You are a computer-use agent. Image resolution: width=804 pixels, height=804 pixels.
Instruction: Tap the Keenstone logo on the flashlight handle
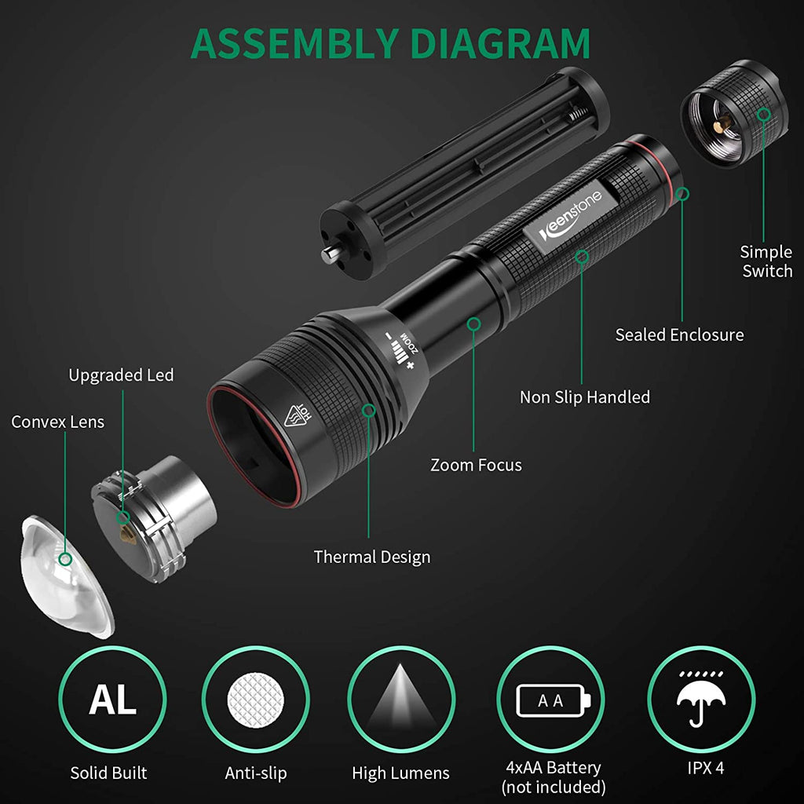pos(570,216)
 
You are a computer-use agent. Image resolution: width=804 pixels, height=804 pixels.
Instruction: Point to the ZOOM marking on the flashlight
pos(409,343)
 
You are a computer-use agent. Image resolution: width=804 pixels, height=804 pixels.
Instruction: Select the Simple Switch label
pos(766,261)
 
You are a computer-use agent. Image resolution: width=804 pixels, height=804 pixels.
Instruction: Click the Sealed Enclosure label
pos(679,334)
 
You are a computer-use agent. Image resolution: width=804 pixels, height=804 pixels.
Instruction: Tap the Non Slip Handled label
pos(584,397)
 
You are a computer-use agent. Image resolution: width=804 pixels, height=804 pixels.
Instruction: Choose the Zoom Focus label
pos(476,465)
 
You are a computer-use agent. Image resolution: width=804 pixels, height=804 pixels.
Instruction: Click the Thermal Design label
pos(371,557)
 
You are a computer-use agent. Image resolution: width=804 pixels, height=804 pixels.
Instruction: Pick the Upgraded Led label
pos(121,375)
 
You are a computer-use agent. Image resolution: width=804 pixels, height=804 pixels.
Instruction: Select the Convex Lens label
pos(57,422)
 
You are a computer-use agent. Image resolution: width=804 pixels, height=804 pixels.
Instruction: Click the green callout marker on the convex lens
pos(65,559)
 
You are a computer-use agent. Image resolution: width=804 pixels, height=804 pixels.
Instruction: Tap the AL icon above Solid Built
pos(112,700)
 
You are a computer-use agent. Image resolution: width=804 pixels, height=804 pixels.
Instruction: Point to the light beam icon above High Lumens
pos(401,700)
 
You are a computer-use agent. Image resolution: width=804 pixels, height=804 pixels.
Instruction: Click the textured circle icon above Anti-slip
pos(255,700)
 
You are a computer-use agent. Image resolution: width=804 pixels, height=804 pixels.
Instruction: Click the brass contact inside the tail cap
pos(723,123)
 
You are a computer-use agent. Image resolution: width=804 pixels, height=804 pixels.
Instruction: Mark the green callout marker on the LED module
pos(122,517)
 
